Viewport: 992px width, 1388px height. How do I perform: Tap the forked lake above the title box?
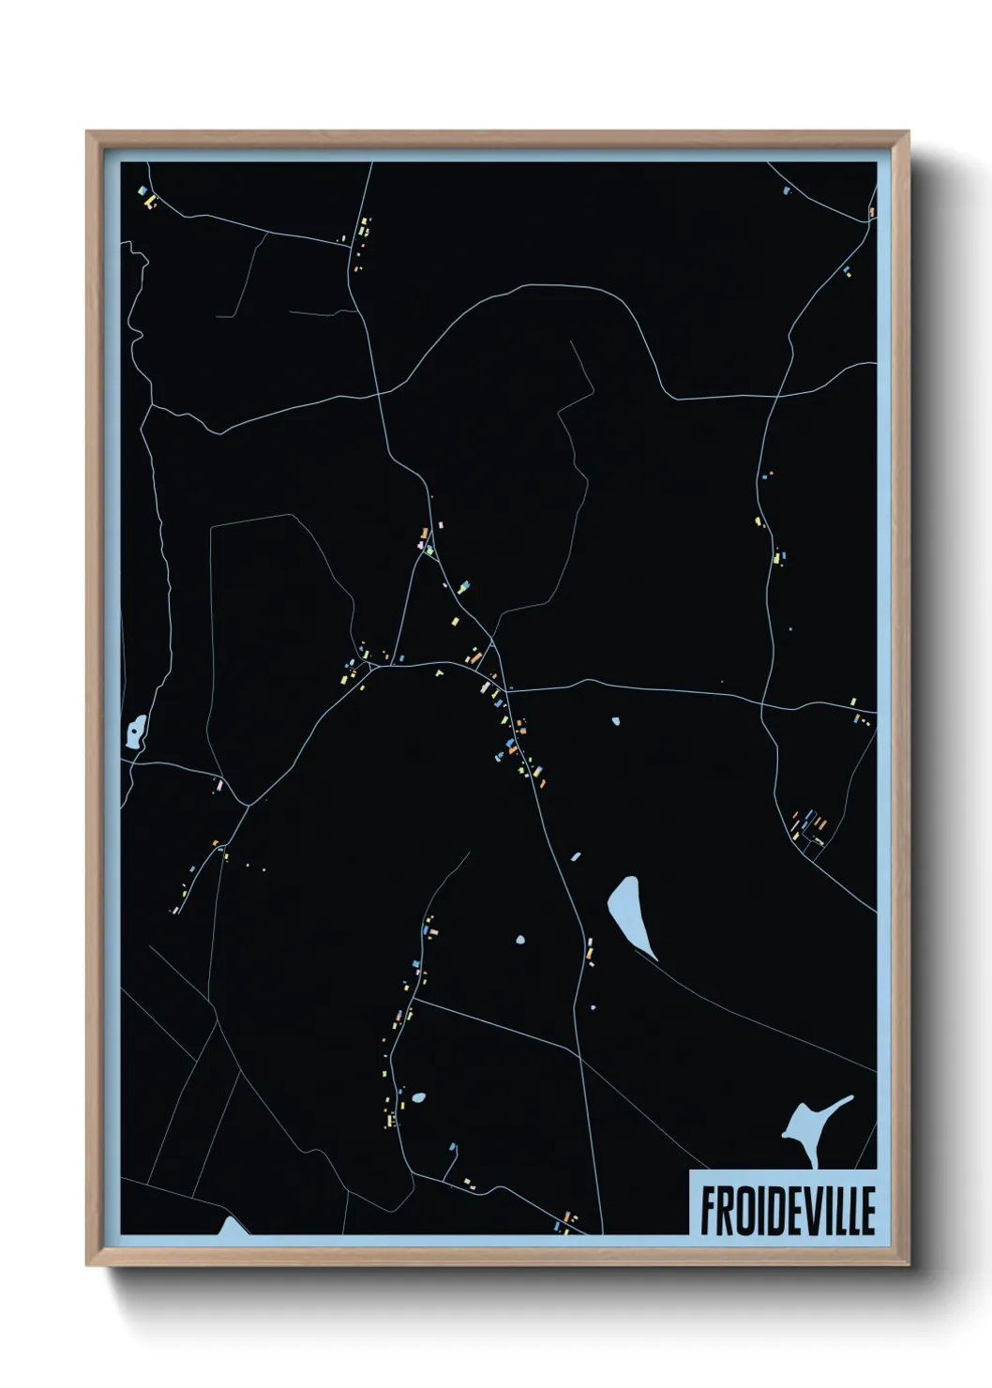pos(808,1125)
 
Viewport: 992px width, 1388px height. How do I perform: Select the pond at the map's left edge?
pos(137,731)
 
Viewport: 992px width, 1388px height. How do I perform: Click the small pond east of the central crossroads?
pos(615,721)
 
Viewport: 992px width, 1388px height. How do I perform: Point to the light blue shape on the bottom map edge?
pos(232,1227)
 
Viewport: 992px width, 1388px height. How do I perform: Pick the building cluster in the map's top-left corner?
pos(146,197)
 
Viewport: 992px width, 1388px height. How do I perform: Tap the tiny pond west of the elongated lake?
pos(519,939)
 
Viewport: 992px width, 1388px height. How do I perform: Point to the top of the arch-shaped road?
pos(553,285)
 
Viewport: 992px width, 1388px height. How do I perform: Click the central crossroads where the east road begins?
pos(506,691)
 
